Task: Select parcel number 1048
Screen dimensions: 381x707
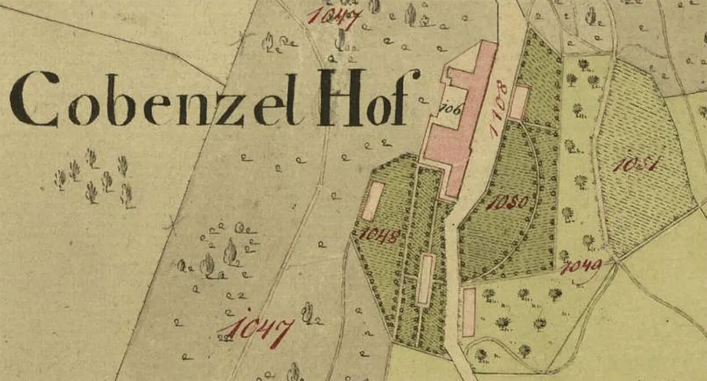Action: pyautogui.click(x=379, y=235)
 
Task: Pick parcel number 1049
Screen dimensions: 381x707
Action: pyautogui.click(x=581, y=267)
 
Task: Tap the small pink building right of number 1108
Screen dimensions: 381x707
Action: pyautogui.click(x=520, y=102)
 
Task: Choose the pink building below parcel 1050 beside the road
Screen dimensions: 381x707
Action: pyautogui.click(x=469, y=312)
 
